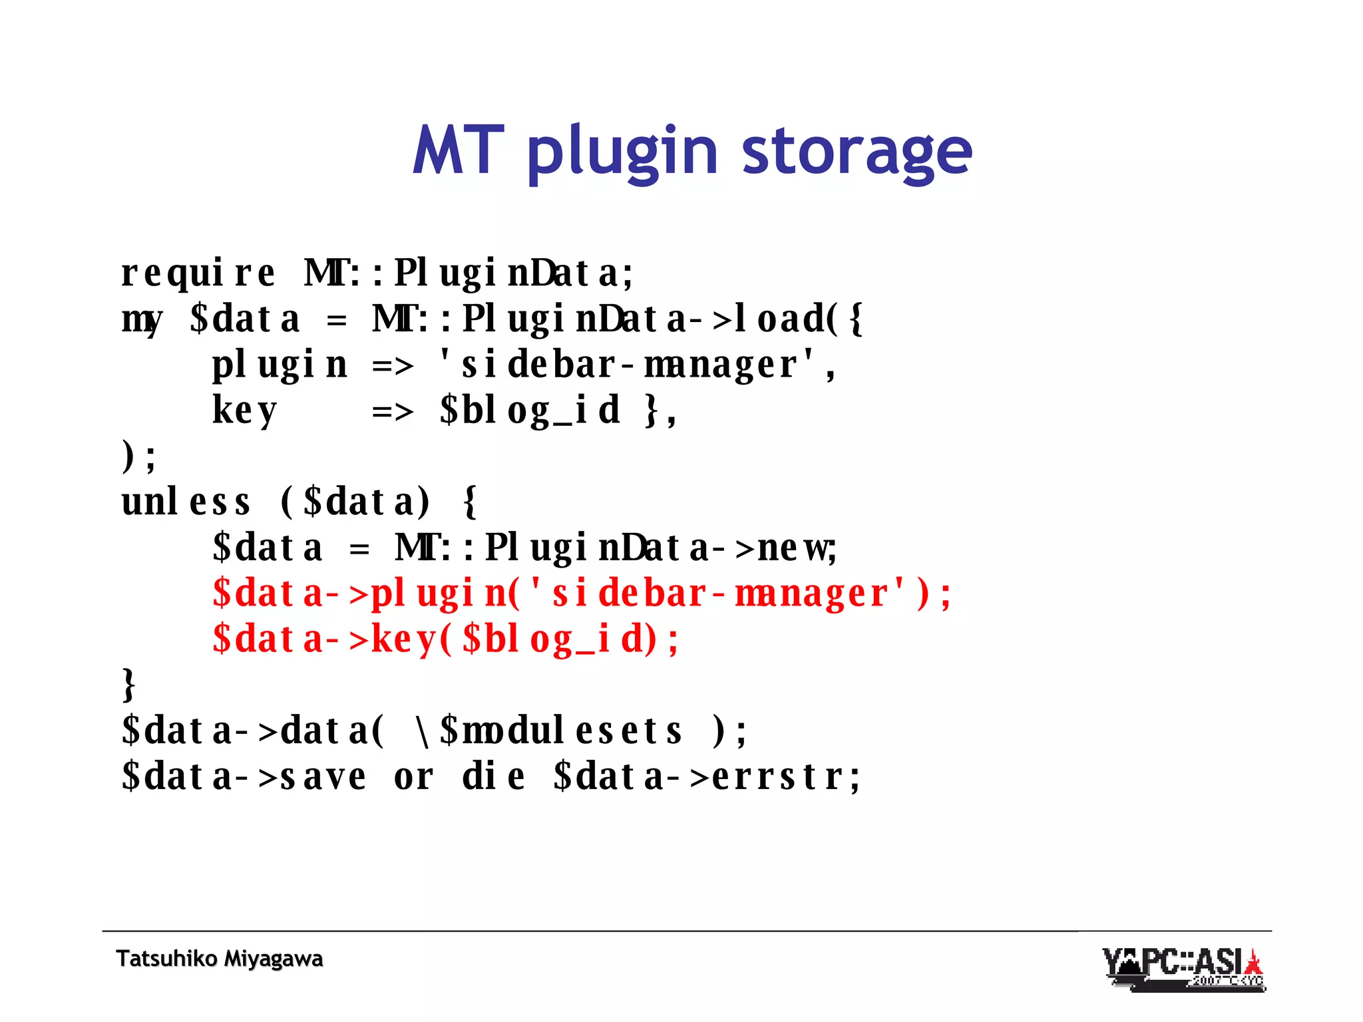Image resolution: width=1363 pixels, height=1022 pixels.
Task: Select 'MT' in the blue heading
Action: click(x=458, y=150)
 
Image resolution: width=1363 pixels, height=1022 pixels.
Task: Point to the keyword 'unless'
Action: click(x=186, y=502)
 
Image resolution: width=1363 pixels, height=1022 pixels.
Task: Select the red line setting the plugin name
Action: click(x=581, y=594)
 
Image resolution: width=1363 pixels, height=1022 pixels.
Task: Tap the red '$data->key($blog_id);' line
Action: click(x=445, y=639)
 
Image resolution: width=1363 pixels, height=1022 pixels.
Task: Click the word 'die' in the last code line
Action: click(x=493, y=776)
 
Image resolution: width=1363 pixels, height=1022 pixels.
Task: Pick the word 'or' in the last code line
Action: click(x=413, y=776)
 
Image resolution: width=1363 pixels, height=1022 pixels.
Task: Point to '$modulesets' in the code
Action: click(x=561, y=731)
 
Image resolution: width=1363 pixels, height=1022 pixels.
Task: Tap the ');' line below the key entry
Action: click(x=138, y=457)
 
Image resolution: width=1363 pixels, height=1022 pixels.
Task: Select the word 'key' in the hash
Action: click(x=244, y=411)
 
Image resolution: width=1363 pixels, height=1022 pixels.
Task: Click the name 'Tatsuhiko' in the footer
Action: click(x=166, y=959)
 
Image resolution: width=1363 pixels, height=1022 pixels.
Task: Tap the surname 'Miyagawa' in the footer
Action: click(x=273, y=959)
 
